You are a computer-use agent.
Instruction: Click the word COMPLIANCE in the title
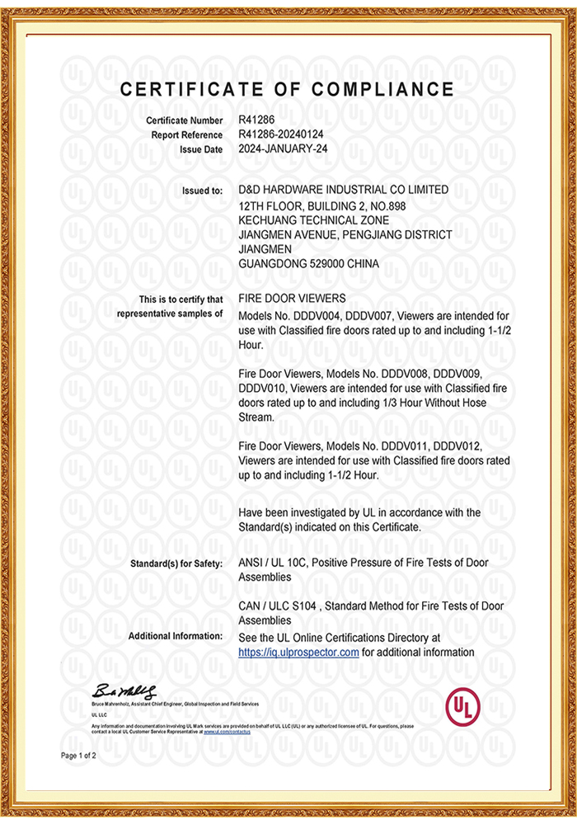coord(383,90)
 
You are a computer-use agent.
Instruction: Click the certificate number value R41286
coord(257,120)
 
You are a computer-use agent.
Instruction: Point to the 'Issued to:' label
coord(202,191)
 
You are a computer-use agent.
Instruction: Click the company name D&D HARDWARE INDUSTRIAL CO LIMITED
coord(343,190)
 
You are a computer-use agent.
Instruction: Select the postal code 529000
coord(326,264)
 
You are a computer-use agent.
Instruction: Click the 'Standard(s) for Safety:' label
coord(176,563)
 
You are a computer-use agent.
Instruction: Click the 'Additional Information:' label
coord(175,636)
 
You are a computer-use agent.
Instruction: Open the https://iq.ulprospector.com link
coord(298,652)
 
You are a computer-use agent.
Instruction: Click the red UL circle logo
coord(462,706)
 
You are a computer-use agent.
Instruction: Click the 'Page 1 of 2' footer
coord(79,756)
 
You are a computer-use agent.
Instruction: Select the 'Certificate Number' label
coord(185,121)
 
